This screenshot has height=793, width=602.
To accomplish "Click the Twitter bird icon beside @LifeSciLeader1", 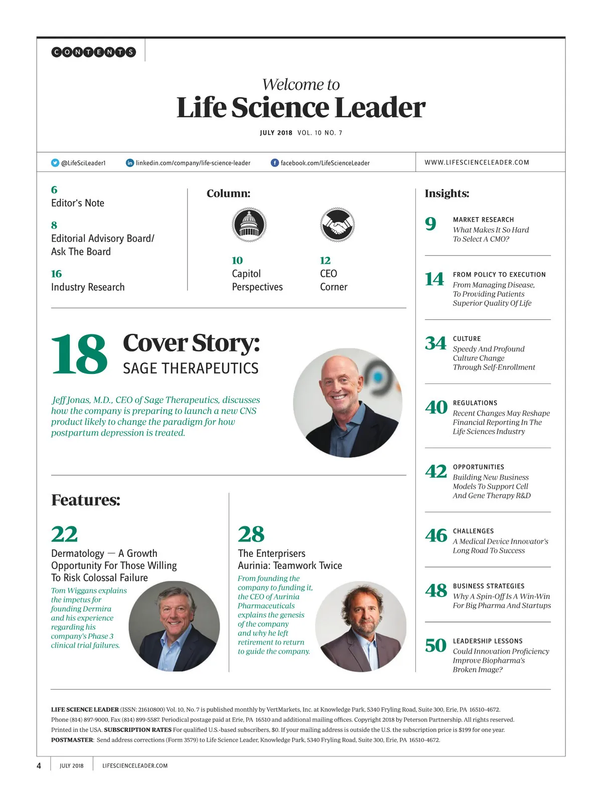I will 55,163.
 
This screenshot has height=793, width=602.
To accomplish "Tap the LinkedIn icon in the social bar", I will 130,163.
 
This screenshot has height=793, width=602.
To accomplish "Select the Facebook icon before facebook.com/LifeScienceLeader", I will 275,163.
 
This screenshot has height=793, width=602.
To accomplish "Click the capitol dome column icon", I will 249,225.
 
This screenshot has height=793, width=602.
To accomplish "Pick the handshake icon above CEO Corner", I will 337,225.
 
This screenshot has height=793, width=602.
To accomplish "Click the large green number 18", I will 79,354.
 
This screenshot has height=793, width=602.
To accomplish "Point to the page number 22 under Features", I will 64,534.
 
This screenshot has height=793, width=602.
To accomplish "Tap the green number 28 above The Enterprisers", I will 251,534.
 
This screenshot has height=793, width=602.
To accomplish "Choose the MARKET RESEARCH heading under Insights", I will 483,220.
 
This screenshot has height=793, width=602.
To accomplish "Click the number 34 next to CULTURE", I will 435,343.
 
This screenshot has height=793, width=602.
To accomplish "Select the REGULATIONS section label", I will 475,403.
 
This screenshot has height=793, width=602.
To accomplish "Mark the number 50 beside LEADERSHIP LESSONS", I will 435,646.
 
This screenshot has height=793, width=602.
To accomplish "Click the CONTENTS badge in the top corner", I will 93,52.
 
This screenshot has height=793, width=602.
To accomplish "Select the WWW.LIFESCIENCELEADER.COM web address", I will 477,162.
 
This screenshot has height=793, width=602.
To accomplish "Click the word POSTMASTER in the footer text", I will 72,740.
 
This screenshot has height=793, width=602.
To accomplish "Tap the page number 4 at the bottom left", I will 39,765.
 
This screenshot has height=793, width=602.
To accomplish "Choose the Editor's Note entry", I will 78,203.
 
